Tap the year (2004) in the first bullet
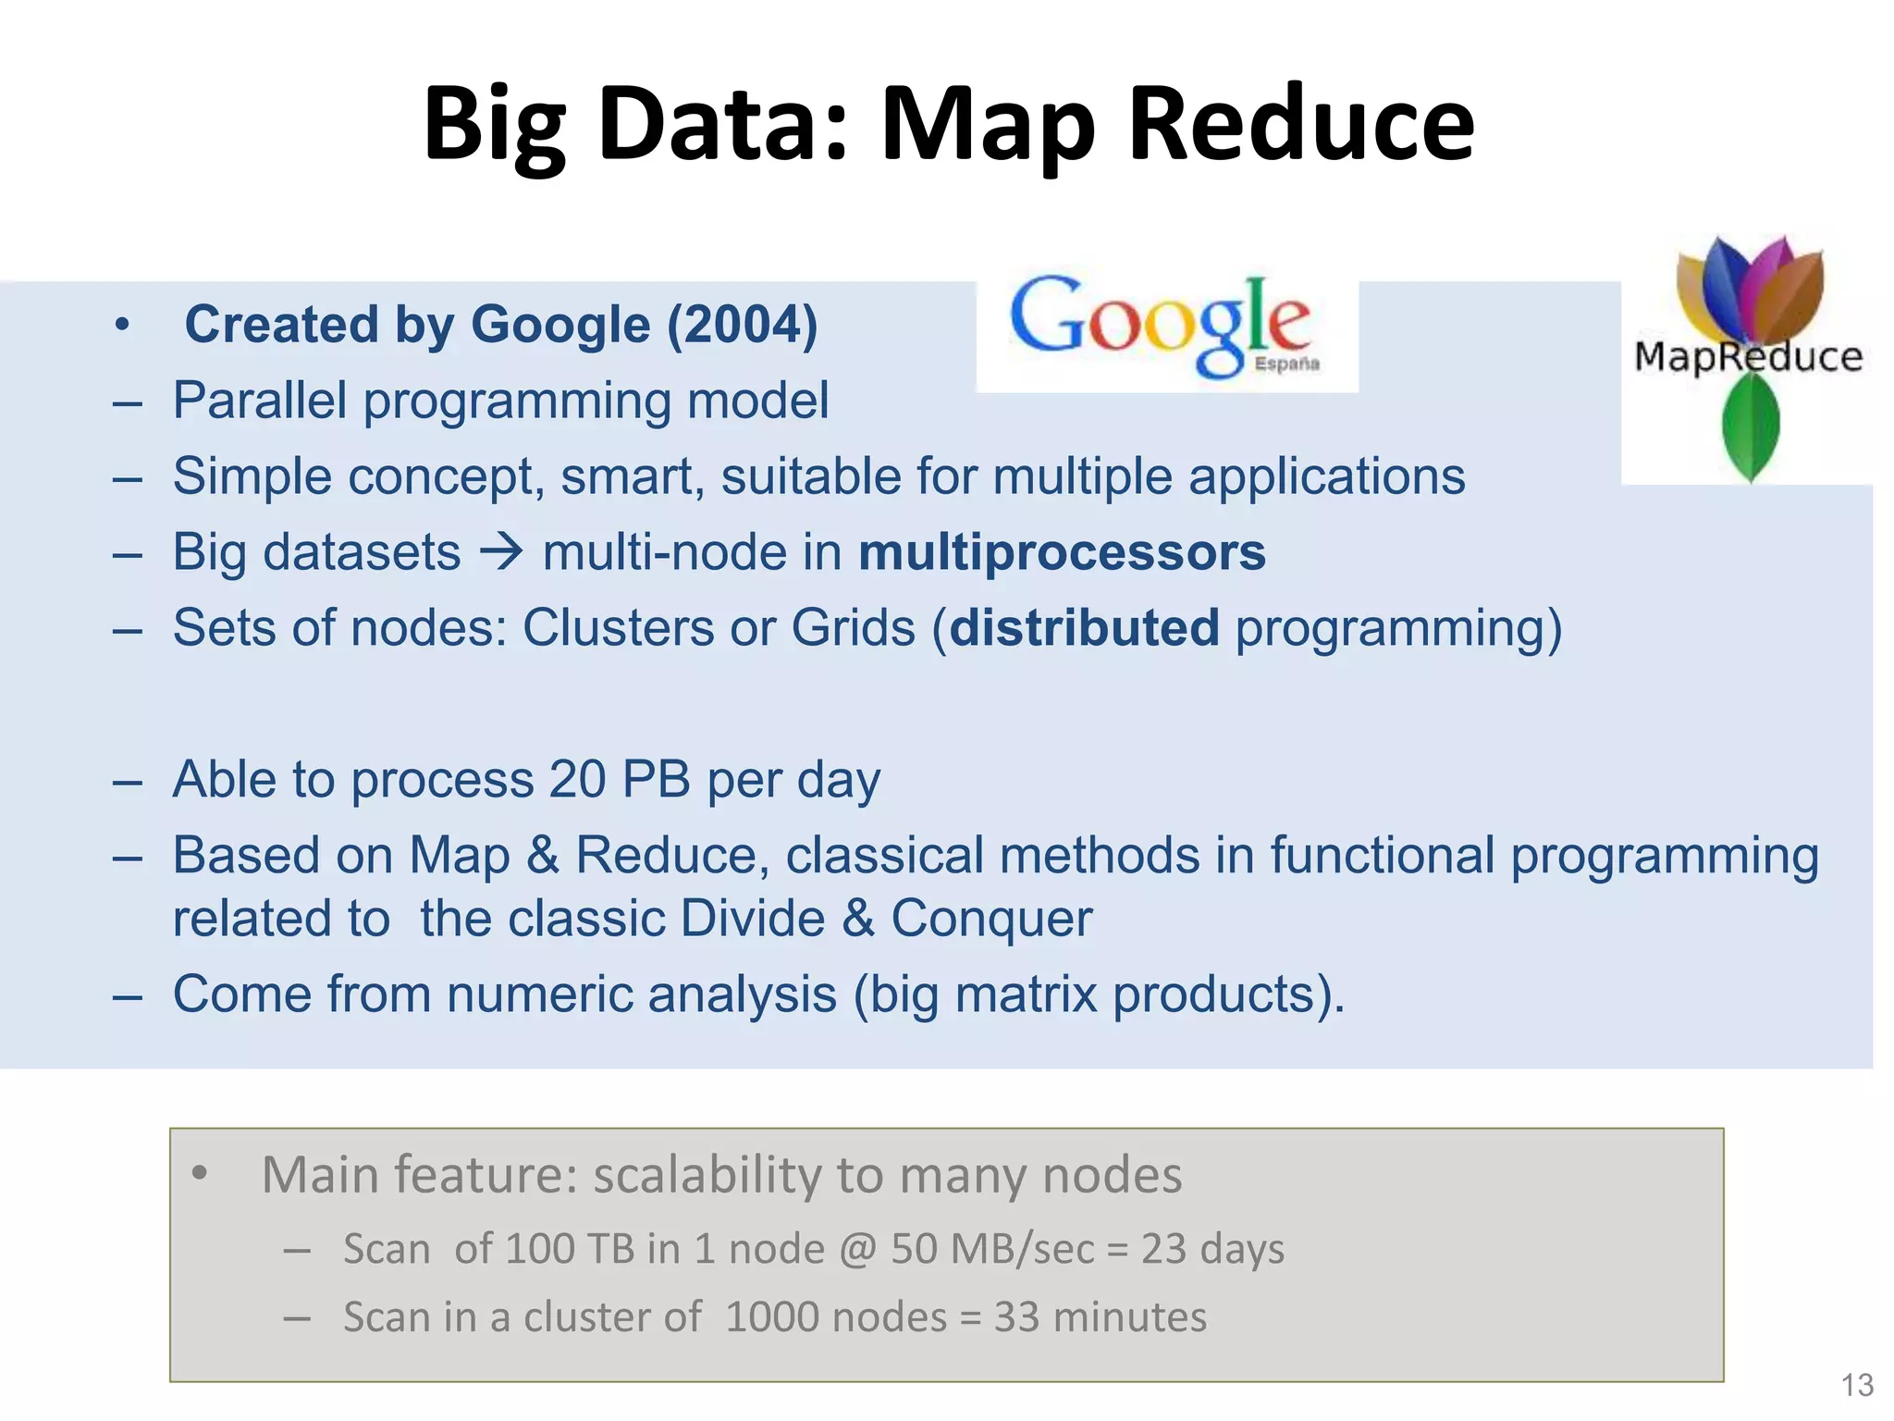743,325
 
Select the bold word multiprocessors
1062,552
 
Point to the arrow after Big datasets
501,552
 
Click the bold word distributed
1084,628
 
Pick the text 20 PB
619,780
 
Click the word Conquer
991,919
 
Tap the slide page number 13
1857,1385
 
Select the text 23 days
1212,1249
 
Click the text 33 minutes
1100,1317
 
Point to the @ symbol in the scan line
856,1250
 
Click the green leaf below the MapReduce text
1750,428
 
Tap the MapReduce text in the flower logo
1748,357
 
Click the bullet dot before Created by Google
121,326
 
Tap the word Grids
853,628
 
